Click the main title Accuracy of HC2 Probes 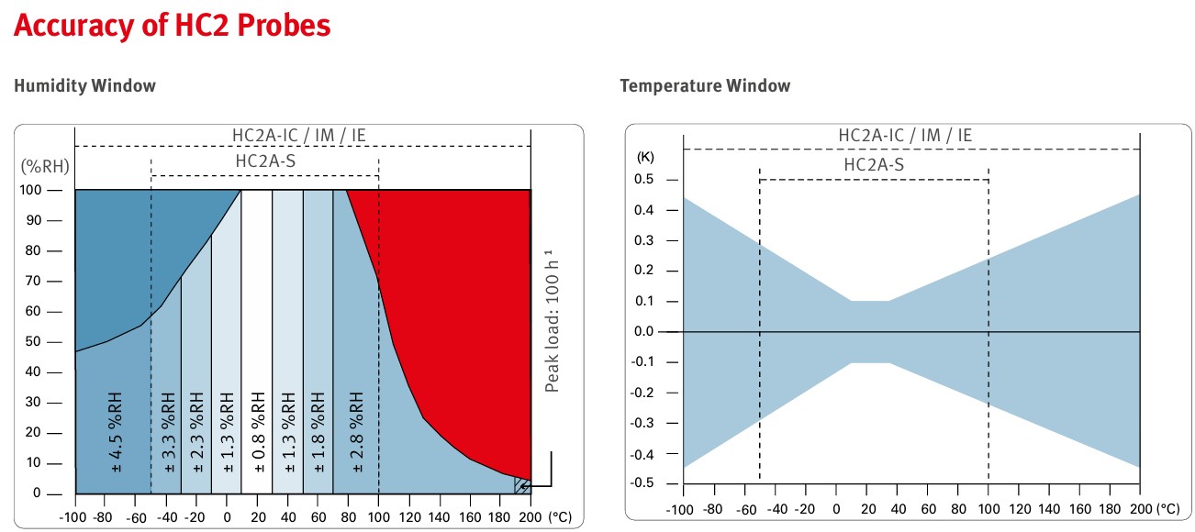coord(172,26)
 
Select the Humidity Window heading coord(84,86)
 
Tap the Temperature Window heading coord(704,86)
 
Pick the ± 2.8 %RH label coord(355,432)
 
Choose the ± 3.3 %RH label coord(168,432)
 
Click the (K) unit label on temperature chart coord(646,158)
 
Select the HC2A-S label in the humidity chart coord(264,161)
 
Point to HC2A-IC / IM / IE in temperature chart coord(905,136)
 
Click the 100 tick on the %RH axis coord(31,190)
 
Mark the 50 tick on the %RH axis coord(34,341)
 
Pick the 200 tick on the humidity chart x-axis coord(530,516)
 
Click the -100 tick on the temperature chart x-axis coord(682,508)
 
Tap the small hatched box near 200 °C coord(521,485)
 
